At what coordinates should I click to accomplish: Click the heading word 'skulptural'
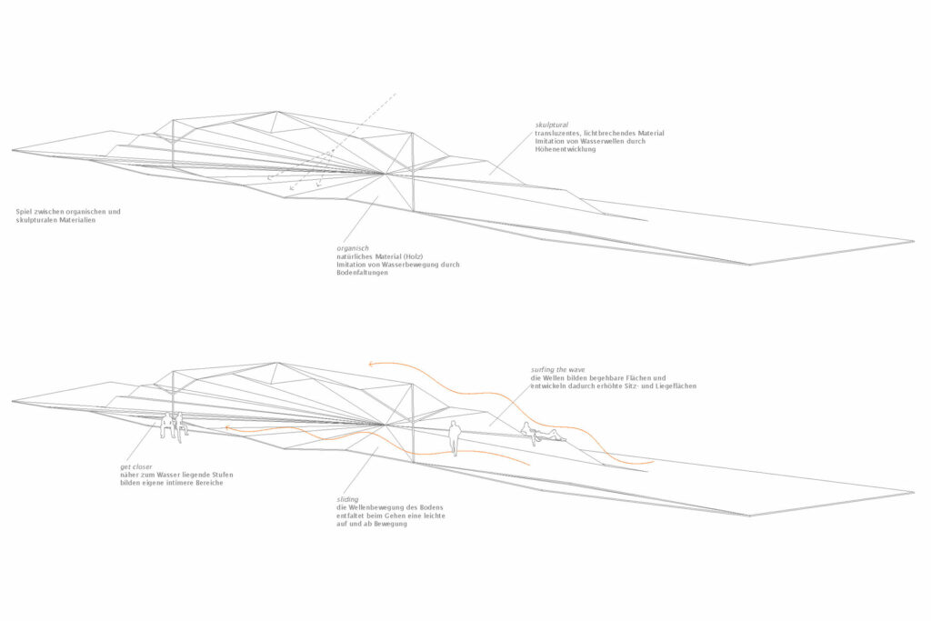pos(551,125)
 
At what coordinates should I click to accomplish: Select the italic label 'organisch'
pos(351,247)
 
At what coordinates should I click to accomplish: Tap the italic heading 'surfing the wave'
pos(558,370)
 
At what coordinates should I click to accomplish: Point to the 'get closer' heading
pos(136,466)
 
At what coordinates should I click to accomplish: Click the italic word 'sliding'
pos(346,499)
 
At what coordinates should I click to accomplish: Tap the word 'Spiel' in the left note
pos(25,212)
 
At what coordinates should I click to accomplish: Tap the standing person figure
pos(455,437)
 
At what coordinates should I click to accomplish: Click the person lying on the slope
pos(542,435)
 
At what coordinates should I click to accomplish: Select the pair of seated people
pos(172,425)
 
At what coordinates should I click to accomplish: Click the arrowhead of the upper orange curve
pos(369,363)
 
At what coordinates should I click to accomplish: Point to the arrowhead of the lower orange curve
pos(227,427)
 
